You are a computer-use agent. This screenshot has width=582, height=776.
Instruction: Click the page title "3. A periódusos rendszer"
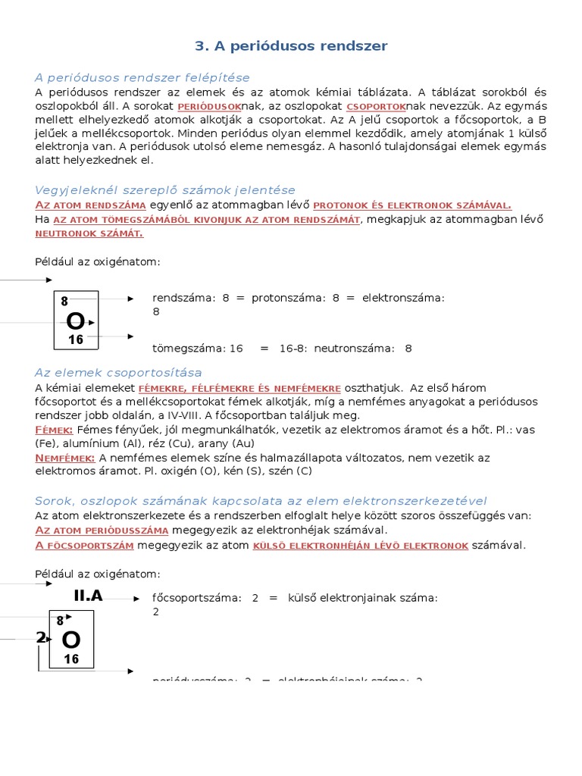(x=291, y=46)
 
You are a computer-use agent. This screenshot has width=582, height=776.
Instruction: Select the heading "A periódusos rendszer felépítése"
(x=142, y=77)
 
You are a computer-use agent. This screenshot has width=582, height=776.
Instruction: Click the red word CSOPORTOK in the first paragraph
(x=377, y=107)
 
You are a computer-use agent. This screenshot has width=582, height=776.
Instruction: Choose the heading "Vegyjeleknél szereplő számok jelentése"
(x=165, y=189)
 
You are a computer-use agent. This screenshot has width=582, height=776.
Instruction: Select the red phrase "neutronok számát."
(x=89, y=233)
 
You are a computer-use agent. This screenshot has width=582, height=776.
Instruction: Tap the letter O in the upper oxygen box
(x=76, y=321)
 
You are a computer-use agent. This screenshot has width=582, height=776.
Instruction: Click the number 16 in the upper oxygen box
(x=76, y=340)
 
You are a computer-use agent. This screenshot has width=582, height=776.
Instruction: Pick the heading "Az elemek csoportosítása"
(x=118, y=372)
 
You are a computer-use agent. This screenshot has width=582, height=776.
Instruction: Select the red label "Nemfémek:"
(x=65, y=458)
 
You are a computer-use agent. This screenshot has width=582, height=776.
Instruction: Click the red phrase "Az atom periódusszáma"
(x=102, y=530)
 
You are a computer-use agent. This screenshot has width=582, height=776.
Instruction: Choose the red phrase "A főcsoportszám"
(x=85, y=545)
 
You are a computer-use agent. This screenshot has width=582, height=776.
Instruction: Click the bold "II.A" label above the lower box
(x=88, y=596)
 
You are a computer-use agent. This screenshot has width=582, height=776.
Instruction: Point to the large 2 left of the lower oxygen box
(x=40, y=637)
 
